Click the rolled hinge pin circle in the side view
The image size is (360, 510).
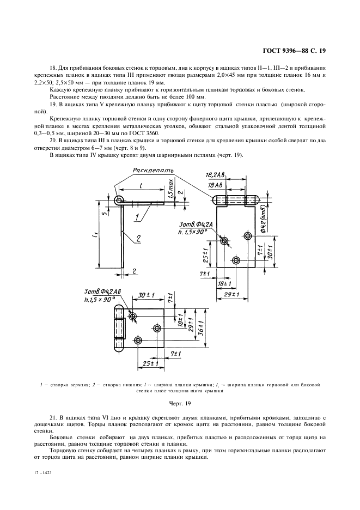[x=118, y=201]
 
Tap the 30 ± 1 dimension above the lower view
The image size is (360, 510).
[x=145, y=295]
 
